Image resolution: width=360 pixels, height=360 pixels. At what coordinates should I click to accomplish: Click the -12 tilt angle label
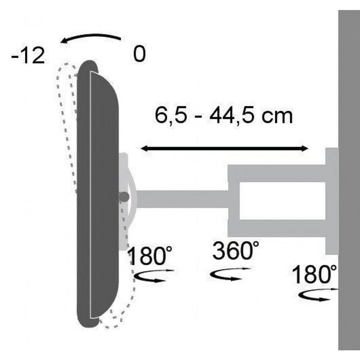tap(28, 56)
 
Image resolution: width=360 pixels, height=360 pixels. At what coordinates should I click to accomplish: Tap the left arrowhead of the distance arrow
tap(145, 149)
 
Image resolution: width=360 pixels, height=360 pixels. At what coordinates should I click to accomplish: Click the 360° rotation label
tap(235, 253)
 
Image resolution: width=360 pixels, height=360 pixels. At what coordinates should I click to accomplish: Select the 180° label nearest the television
tap(150, 256)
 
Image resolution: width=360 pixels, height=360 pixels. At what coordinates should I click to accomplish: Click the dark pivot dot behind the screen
tap(123, 196)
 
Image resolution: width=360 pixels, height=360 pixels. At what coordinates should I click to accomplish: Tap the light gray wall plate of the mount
tap(332, 201)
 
